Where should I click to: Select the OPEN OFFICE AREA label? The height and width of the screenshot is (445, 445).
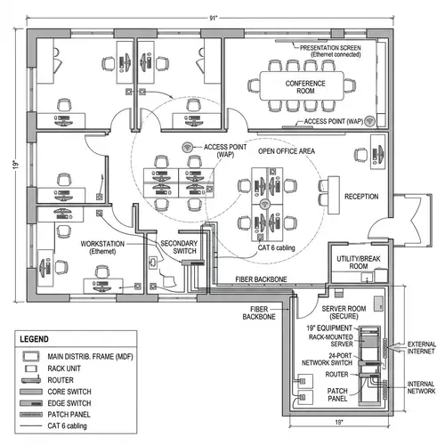coord(287,152)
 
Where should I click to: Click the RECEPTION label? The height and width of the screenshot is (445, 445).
coord(361,196)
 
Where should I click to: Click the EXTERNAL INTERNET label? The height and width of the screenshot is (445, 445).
coord(421,348)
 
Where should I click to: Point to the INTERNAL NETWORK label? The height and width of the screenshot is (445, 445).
coord(421,387)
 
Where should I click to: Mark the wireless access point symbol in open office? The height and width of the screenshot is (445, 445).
coord(188,148)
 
